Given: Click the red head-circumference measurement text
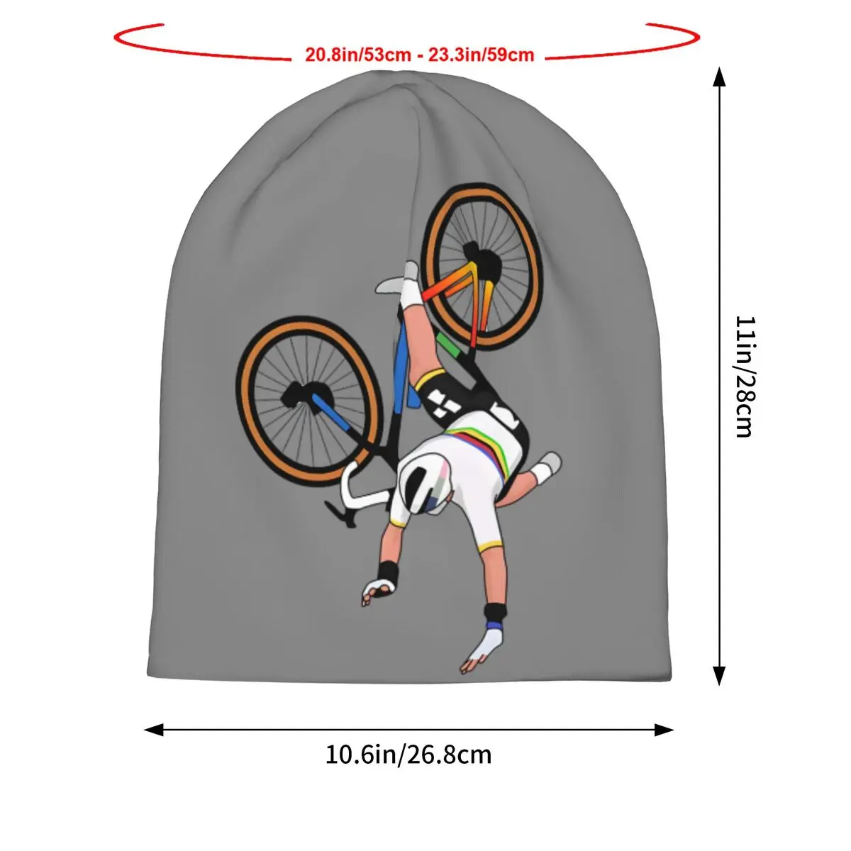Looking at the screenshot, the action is point(419,55).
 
